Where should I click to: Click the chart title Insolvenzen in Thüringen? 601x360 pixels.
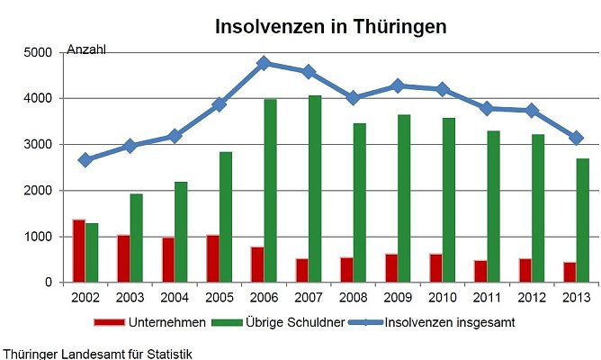(330, 27)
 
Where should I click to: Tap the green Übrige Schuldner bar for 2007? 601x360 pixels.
(314, 189)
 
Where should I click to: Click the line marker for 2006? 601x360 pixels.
(264, 63)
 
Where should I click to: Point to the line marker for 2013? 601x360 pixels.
(576, 138)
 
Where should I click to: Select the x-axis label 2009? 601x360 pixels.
(397, 297)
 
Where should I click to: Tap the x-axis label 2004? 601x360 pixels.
(175, 297)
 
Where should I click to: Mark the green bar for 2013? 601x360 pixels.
(581, 220)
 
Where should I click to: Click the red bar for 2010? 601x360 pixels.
(435, 268)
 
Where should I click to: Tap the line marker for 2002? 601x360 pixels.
(85, 159)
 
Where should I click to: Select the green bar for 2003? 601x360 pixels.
(136, 238)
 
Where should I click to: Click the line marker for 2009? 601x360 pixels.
(398, 85)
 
